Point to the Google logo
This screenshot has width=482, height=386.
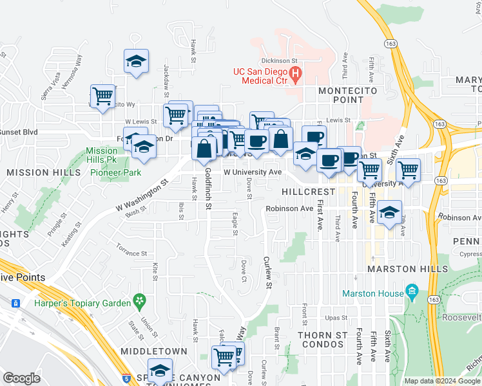21,378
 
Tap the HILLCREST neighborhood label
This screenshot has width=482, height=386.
308,192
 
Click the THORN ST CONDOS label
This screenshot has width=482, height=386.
323,341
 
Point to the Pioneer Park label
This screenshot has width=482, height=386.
115,172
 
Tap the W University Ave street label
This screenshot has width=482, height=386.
253,172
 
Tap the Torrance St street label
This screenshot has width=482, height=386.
131,249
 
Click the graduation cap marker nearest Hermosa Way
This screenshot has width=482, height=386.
136,62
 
